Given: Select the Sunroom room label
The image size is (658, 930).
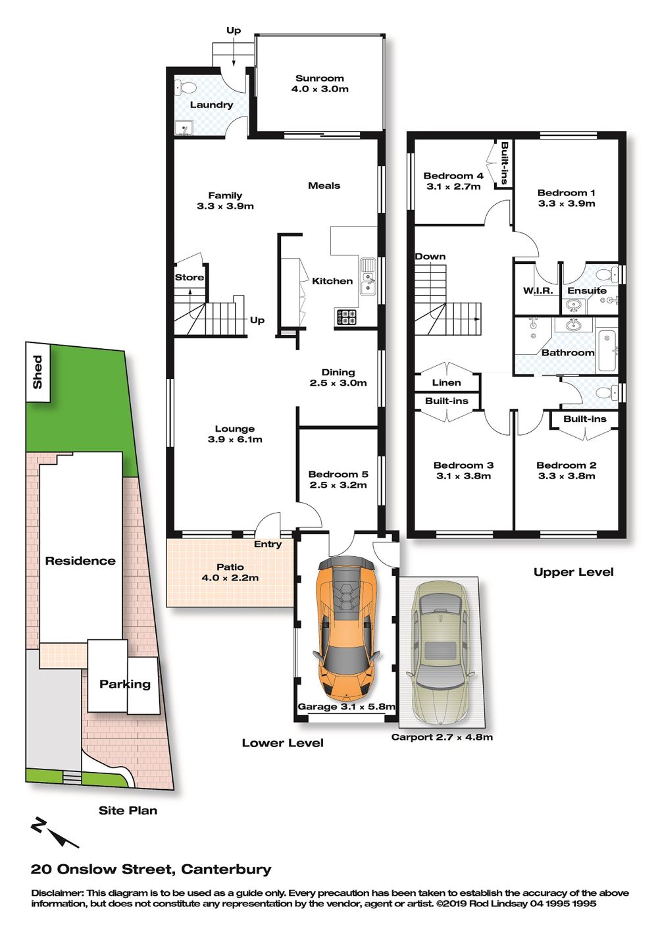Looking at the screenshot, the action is point(320,78).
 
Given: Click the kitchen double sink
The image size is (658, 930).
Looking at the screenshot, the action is point(368,276).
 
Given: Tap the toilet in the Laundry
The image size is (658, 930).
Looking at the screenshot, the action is point(185,88).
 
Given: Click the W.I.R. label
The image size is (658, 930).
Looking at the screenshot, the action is point(538,291).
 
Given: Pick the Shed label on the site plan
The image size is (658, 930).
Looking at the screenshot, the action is point(38,372).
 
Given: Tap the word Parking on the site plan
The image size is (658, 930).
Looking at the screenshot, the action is point(125,685).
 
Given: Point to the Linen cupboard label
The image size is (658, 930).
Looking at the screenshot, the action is point(447,382).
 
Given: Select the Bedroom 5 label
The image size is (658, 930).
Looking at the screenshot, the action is point(338,474).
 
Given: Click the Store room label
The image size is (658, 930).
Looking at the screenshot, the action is point(190,277).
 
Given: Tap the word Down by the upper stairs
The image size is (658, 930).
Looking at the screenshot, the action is point(430,257).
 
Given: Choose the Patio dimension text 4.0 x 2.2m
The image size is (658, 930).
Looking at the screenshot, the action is point(230,577).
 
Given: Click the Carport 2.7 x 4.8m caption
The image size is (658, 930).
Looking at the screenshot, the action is point(442,737).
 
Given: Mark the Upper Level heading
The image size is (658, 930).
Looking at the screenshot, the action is point(573,572).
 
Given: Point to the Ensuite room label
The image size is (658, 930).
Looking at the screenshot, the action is point(587,291).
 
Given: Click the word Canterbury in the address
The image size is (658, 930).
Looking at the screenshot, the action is point(226,869).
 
